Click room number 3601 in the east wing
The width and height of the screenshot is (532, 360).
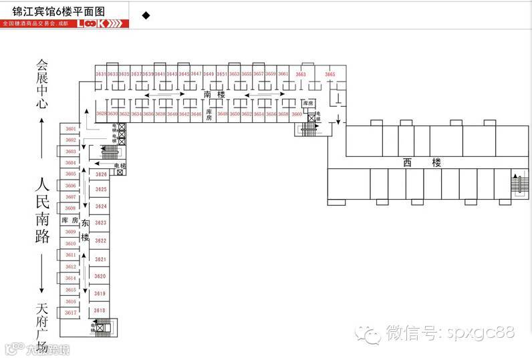(71, 128)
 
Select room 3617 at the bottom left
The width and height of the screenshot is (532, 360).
(71, 313)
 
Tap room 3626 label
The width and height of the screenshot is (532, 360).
(101, 174)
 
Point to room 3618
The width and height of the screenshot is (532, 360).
(100, 311)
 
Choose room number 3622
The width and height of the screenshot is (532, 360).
(100, 240)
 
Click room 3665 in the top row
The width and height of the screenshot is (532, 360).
(330, 74)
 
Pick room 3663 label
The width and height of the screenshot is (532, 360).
(301, 74)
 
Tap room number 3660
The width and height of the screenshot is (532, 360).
(296, 114)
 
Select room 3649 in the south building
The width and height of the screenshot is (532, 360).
(209, 73)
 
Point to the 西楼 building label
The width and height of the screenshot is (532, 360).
(414, 162)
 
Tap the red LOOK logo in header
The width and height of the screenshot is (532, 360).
(100, 23)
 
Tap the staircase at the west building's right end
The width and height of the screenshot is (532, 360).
(518, 183)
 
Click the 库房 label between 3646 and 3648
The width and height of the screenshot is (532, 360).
(209, 114)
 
